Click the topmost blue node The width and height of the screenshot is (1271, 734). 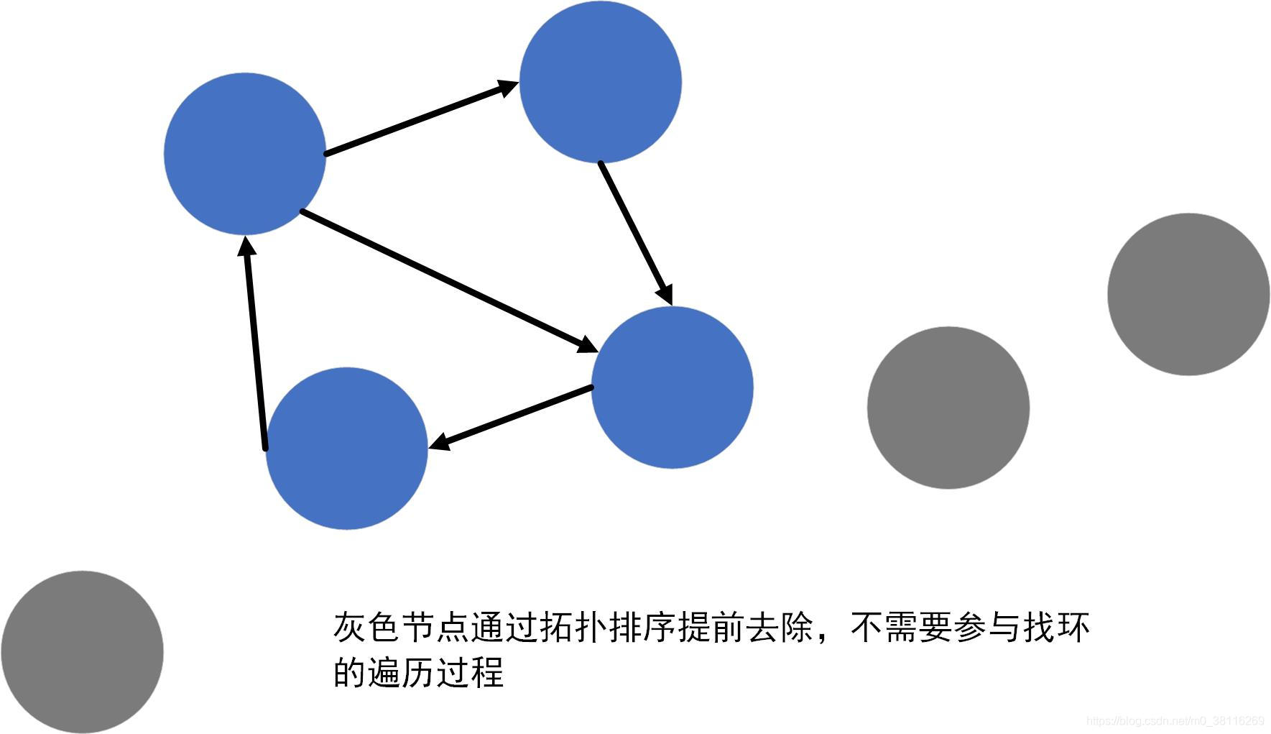point(600,81)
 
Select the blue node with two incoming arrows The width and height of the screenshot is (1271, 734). point(672,387)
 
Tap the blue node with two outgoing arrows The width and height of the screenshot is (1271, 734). point(245,154)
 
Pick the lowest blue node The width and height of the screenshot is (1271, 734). point(347,449)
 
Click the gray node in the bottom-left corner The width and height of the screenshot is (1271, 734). point(82,652)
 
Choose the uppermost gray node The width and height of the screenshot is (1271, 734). point(1188,294)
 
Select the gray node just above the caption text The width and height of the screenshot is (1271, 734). point(948,408)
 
